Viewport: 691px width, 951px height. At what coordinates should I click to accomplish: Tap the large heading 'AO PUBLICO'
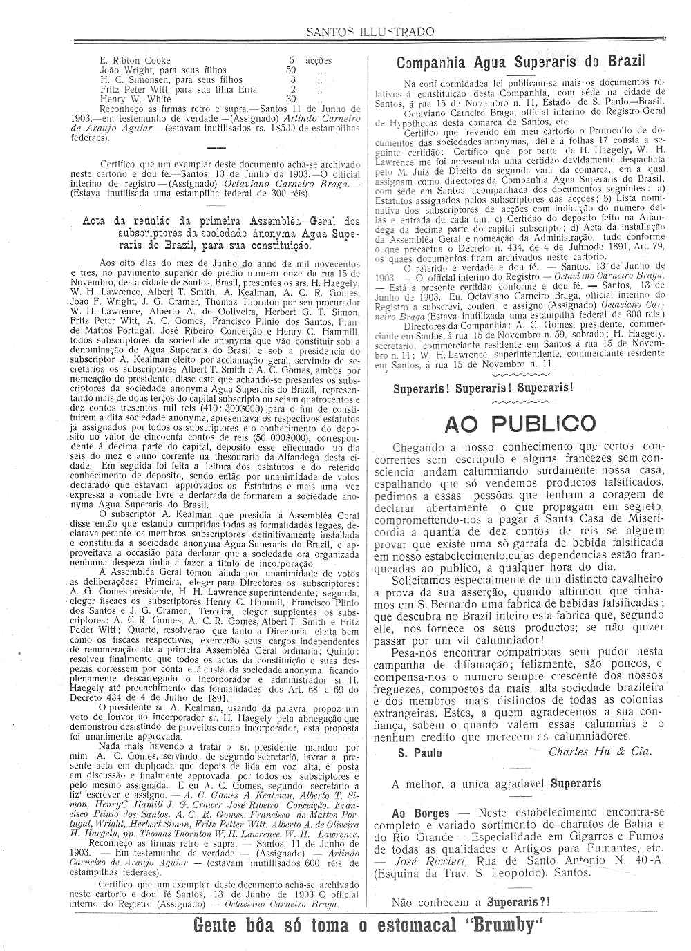(x=520, y=423)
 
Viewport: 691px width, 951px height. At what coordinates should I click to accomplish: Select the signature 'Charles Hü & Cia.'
(x=599, y=752)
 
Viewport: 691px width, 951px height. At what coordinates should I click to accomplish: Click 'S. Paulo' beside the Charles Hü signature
(x=419, y=753)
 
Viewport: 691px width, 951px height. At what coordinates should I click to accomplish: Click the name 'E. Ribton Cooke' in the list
(x=135, y=60)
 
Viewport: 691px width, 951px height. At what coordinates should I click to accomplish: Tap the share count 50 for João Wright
(x=291, y=70)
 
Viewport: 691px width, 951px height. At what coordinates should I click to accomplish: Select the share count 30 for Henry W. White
(x=291, y=99)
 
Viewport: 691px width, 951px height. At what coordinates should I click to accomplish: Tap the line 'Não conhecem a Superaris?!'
(x=471, y=902)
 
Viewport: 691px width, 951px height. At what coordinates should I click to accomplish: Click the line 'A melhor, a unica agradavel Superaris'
(x=495, y=784)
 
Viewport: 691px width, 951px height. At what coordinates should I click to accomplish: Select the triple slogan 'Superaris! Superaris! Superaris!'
(x=483, y=388)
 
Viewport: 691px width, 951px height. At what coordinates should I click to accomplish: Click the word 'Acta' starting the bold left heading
(x=95, y=221)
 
